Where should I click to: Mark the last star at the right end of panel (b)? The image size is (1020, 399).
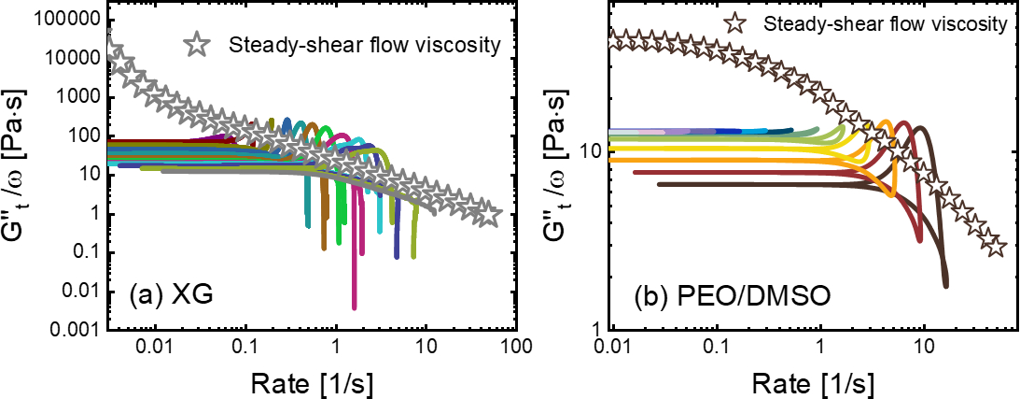996,247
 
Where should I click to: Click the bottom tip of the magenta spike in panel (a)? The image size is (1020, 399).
355,307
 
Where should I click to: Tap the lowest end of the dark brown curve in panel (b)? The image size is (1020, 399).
946,285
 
